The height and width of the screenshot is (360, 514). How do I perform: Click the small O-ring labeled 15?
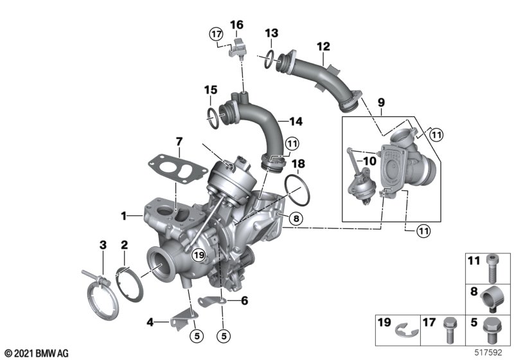tap(211, 116)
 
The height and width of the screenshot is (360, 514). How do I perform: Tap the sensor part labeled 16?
tap(239, 47)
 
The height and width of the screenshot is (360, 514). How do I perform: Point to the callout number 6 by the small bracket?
tap(244, 300)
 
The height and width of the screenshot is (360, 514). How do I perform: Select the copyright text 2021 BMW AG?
tap(36, 352)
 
